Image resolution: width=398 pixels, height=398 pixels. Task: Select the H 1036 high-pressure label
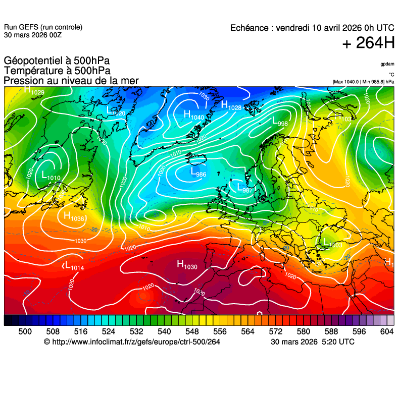coord(74,217)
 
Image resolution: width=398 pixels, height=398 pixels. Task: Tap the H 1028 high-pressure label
coord(231,105)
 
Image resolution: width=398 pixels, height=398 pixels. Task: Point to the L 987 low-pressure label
coord(244,188)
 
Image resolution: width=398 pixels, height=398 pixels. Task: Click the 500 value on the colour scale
coord(25,331)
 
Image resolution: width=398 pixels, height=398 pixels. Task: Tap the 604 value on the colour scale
coord(387,331)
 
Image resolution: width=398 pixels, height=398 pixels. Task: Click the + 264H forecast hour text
coord(368,44)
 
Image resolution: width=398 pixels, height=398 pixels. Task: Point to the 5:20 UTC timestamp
coord(337,342)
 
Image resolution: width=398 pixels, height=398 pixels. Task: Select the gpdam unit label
coord(387,64)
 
